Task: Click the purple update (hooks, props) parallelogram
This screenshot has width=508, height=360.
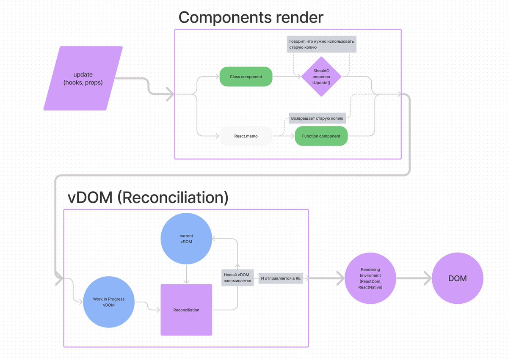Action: pos(83,78)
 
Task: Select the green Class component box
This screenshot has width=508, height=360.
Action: pos(246,77)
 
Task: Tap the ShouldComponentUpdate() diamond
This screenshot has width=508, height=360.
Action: pos(321,77)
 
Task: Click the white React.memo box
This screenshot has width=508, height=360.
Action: pos(246,136)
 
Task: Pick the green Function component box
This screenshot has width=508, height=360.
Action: pos(321,136)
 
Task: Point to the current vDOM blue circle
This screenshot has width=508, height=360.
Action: pos(186,238)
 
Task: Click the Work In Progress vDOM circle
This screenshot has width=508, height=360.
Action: pos(109,302)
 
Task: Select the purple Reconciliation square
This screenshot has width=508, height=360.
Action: pos(186,310)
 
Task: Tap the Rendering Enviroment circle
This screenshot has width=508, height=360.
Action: pos(370,278)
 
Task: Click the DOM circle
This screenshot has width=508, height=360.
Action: pos(457,278)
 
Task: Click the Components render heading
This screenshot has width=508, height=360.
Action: pos(251,17)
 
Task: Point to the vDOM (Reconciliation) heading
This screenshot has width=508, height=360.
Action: pos(148,198)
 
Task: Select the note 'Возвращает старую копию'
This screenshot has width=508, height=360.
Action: pos(317,118)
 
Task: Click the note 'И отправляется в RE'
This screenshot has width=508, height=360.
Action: pos(281,278)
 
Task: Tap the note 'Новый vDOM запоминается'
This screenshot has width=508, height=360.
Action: pos(237,278)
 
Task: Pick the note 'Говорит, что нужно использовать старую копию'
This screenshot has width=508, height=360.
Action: pos(321,44)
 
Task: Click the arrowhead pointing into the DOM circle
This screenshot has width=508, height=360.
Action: pos(428,278)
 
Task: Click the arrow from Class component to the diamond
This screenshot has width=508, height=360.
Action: pos(287,77)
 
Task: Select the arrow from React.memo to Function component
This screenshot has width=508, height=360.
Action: pos(283,136)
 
